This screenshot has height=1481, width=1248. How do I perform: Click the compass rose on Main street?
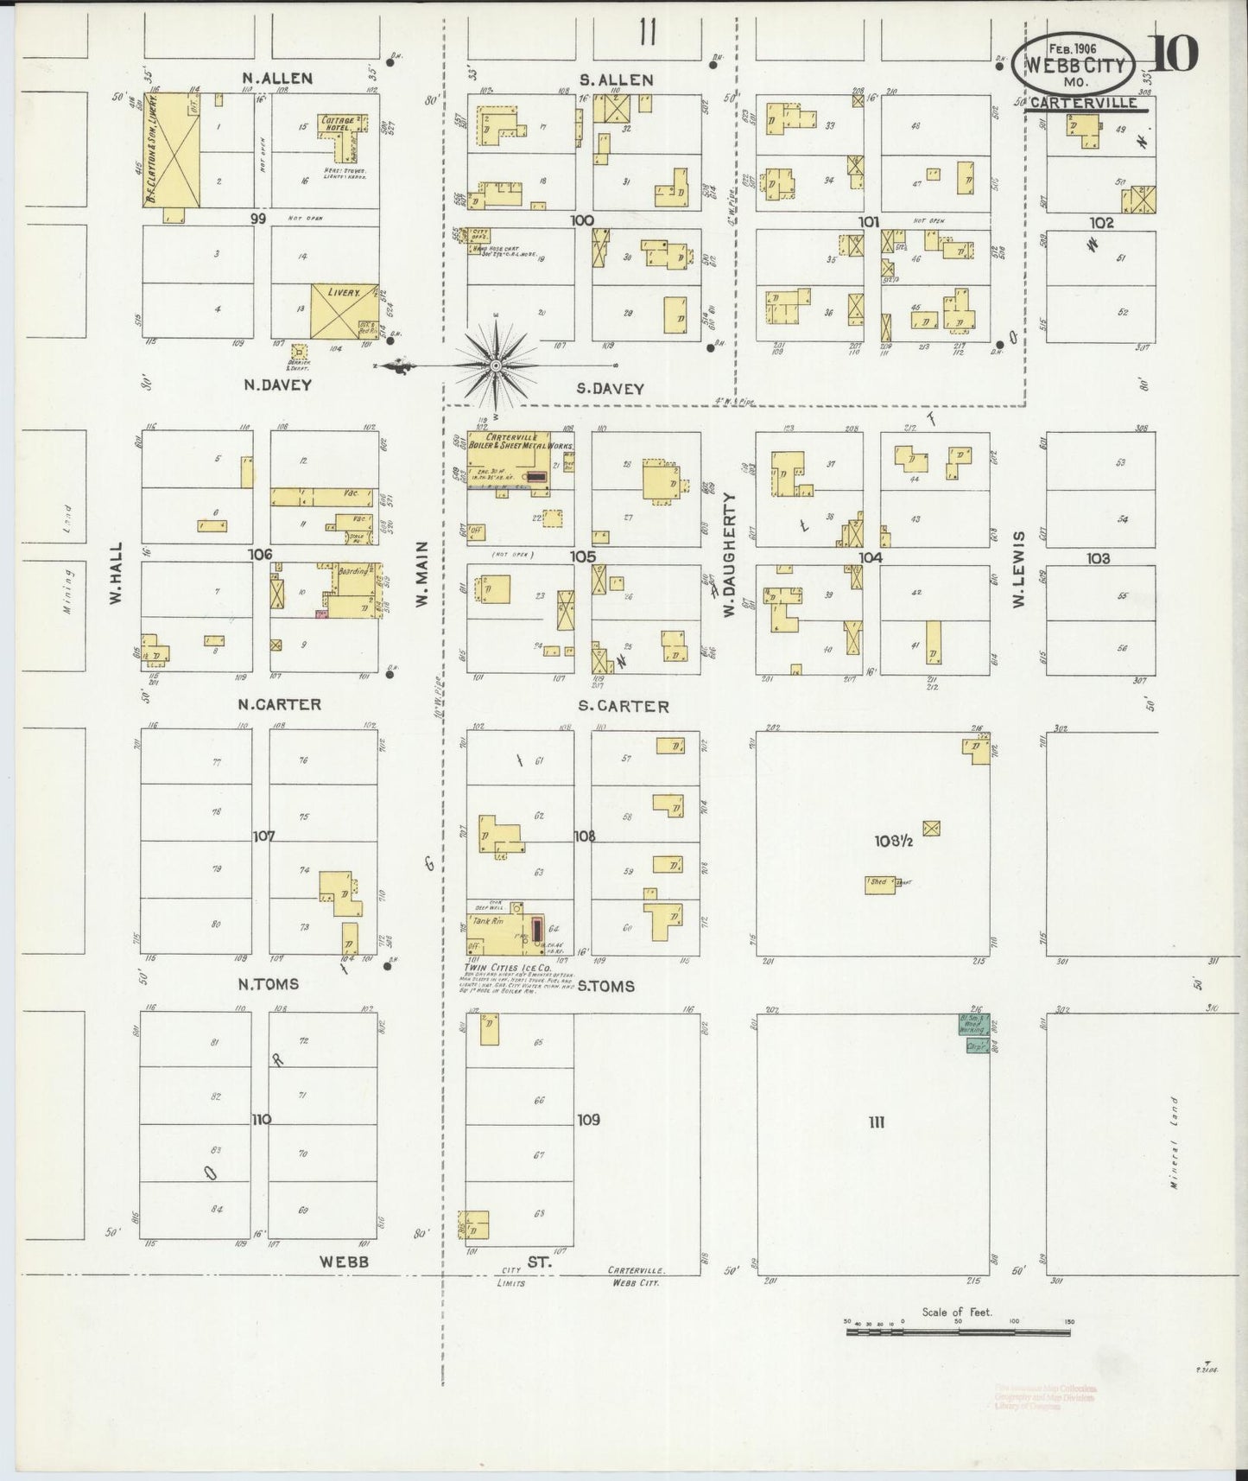tap(497, 365)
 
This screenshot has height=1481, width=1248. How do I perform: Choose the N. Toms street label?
tap(268, 983)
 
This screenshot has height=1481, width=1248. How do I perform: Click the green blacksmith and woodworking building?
tap(976, 1033)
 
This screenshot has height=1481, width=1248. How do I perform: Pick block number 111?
tap(877, 1122)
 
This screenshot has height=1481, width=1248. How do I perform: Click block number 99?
tap(257, 219)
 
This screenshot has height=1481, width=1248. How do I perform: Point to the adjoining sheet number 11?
tap(647, 34)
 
